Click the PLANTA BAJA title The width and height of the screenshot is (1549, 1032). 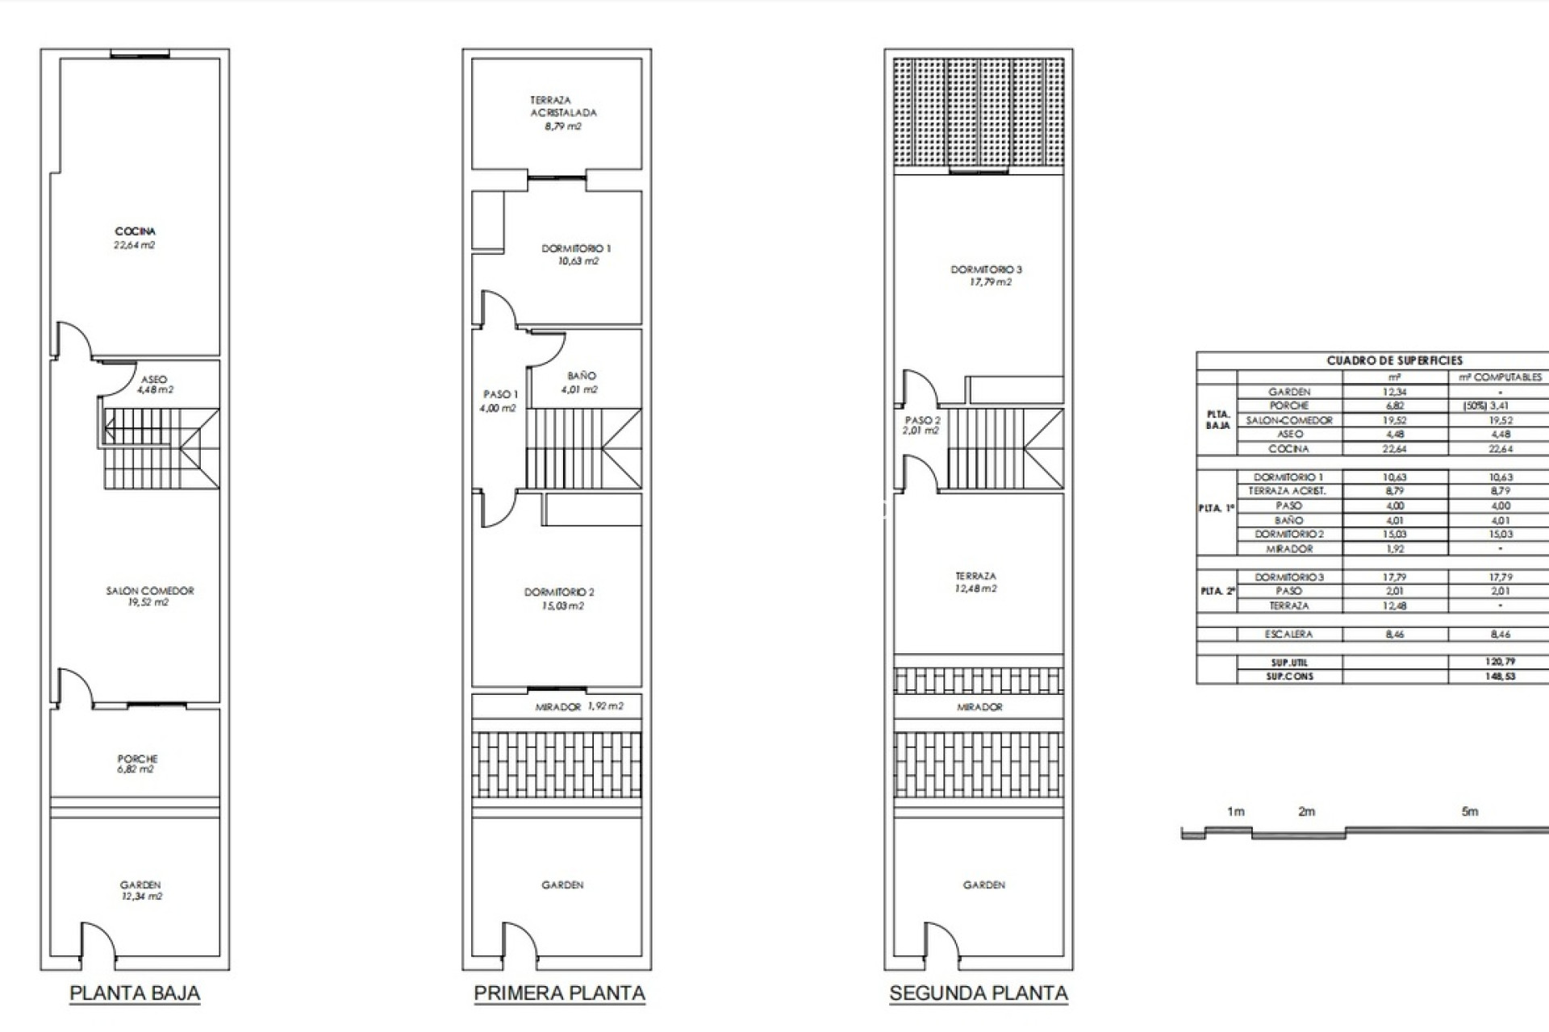tap(135, 993)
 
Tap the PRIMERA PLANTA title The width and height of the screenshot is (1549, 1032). tap(559, 993)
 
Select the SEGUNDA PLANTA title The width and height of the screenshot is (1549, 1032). tap(979, 993)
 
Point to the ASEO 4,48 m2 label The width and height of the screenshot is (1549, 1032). tap(154, 385)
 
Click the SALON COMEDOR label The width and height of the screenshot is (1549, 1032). tap(150, 596)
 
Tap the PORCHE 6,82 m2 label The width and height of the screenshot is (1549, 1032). tap(137, 764)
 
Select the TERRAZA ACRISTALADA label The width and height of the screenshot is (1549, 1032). tap(562, 113)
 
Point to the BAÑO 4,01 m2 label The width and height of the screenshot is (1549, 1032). tap(581, 382)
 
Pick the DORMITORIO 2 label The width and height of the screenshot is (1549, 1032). tap(559, 598)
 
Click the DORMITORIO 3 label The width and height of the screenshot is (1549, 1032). tap(986, 275)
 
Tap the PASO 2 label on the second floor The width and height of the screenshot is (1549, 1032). tap(922, 425)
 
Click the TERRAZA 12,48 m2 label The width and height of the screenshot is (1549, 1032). tap(975, 582)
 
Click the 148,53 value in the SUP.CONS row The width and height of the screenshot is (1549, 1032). tap(1500, 676)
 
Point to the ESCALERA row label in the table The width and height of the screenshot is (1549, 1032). tap(1288, 635)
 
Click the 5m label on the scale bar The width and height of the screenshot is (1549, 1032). tap(1470, 812)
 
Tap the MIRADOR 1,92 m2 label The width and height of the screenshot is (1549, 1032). tap(578, 706)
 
